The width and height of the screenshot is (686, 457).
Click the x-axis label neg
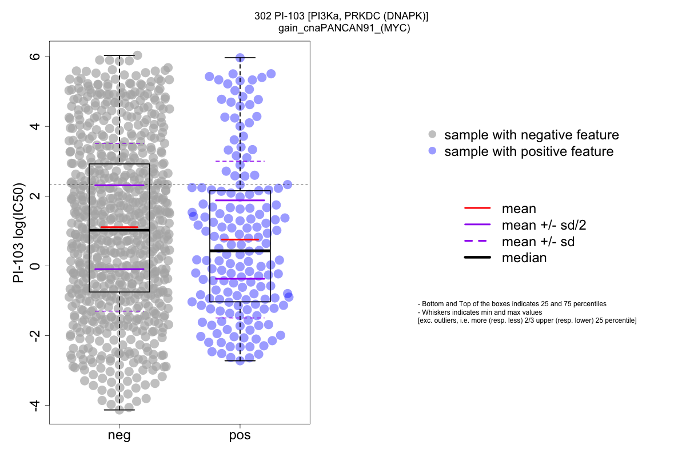(119, 436)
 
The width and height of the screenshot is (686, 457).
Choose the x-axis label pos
(240, 436)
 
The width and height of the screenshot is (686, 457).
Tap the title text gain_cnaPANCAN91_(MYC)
(341, 27)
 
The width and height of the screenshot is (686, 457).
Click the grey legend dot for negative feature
(433, 135)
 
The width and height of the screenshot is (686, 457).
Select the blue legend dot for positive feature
(433, 151)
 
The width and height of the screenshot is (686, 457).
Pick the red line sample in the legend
(477, 209)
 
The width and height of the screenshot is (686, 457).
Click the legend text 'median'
(524, 258)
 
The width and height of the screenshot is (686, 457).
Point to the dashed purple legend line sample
(477, 242)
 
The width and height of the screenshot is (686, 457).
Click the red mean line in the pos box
(240, 239)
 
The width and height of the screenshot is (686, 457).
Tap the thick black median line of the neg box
(119, 230)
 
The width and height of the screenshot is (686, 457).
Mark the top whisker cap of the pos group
(240, 58)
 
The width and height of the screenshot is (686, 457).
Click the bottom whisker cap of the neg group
(119, 410)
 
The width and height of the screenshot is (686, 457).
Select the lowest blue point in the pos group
(240, 360)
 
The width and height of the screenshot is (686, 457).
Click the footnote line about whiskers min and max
(480, 312)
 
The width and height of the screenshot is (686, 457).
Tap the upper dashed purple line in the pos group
(240, 161)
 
